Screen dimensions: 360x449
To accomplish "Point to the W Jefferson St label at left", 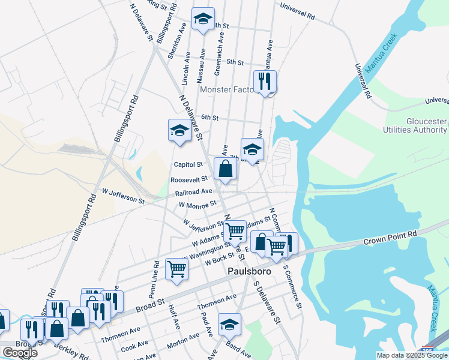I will coord(124,196).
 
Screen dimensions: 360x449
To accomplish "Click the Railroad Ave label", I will coord(194,192).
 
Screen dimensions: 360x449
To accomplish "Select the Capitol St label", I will coord(188,164).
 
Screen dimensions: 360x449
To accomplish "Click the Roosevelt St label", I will coord(189,179).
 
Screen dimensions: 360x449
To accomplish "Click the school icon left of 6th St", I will coord(179,130).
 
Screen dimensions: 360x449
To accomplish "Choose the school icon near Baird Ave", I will coord(229,324).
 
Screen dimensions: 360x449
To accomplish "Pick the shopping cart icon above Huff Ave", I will coord(177,268).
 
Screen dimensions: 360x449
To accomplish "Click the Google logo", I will coord(19,353).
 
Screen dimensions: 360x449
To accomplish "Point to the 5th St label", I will coord(235,62).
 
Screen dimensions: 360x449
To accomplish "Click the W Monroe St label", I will coord(197,205).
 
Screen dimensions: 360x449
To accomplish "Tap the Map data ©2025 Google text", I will coord(411,355).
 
